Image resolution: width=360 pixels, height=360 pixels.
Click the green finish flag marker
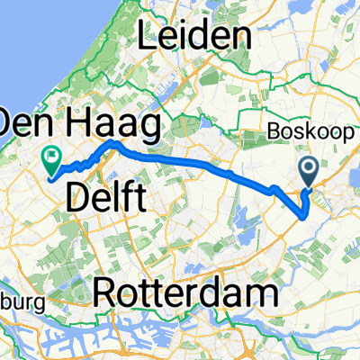51,159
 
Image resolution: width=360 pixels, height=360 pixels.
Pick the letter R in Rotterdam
105,293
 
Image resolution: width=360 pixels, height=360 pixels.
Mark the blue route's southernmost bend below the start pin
305,215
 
